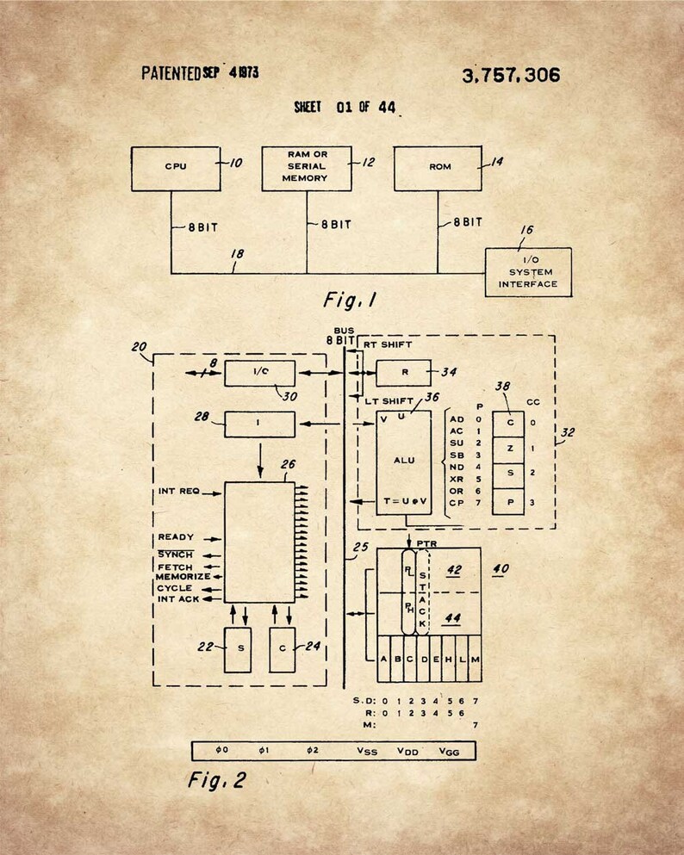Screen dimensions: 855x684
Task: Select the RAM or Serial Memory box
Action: tap(307, 167)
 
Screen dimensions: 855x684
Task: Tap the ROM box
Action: tap(437, 168)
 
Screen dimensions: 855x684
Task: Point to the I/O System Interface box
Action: tap(527, 272)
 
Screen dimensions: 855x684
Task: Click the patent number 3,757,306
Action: tap(510, 76)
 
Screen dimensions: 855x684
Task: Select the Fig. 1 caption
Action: tap(351, 300)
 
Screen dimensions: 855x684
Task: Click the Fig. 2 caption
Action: tap(217, 780)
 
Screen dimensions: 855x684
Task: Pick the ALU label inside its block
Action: tap(403, 460)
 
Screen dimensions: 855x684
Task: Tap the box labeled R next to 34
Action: tap(403, 374)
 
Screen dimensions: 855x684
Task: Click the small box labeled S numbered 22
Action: tap(237, 650)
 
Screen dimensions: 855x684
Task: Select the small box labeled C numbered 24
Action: tap(282, 650)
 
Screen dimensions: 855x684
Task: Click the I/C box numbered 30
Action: tap(259, 374)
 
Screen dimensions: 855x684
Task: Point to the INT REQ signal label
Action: tap(178, 492)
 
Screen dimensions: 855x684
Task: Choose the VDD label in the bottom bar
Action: tap(407, 751)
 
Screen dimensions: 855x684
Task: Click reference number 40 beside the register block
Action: tap(501, 568)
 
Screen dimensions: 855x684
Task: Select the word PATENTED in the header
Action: tap(171, 73)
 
